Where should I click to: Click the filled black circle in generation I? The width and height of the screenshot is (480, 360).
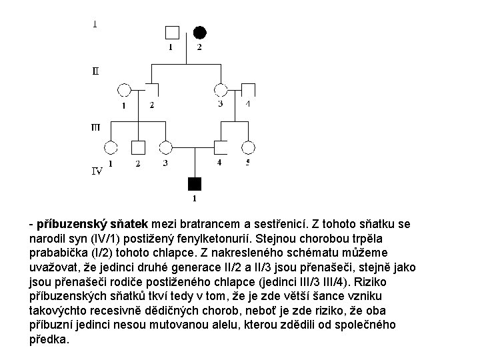click(199, 32)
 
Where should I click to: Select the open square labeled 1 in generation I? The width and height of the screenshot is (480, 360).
click(171, 32)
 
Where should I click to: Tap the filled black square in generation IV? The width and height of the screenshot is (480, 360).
click(194, 183)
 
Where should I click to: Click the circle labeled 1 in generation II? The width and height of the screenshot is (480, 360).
click(124, 90)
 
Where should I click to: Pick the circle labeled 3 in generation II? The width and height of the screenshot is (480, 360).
click(221, 90)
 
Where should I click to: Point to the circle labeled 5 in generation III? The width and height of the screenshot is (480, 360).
click(248, 148)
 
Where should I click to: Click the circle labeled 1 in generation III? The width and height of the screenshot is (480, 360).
click(111, 148)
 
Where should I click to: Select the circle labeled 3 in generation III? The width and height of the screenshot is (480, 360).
click(166, 148)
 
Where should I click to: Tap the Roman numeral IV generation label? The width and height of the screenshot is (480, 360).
click(97, 171)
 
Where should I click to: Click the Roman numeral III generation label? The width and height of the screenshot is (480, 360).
click(96, 127)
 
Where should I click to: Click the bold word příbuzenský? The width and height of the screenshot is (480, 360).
click(69, 225)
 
